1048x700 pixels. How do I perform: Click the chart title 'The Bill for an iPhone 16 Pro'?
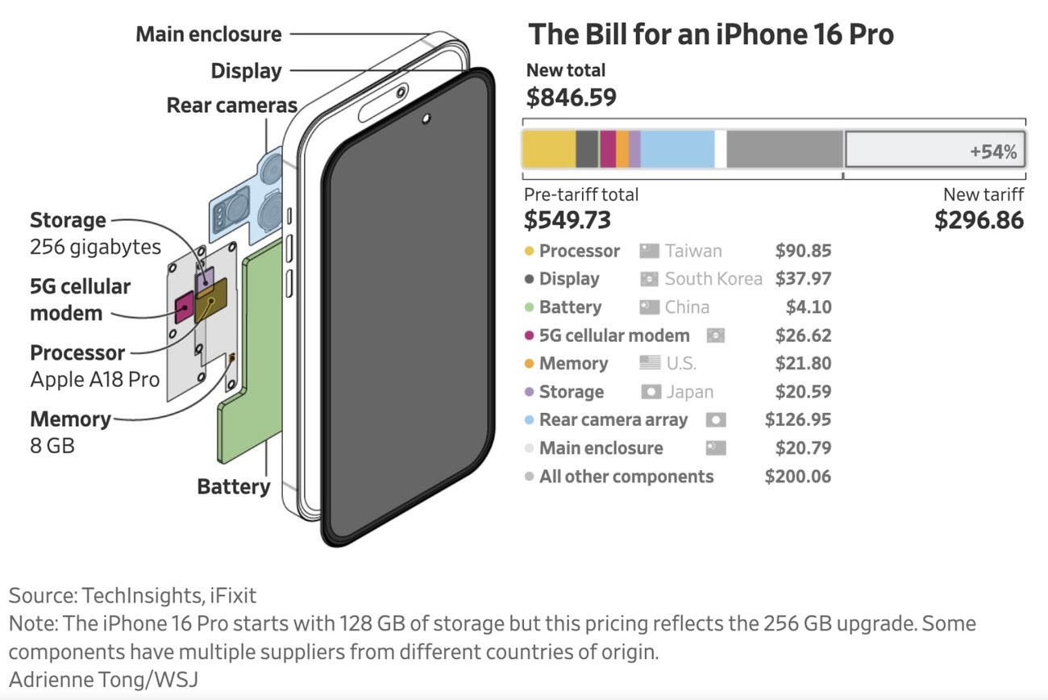[710, 35]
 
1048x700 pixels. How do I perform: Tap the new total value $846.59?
[571, 98]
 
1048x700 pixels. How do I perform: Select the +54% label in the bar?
[993, 152]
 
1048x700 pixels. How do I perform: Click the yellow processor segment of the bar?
[548, 149]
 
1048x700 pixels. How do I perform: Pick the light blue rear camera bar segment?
[677, 149]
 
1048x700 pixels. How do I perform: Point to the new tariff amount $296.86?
[979, 220]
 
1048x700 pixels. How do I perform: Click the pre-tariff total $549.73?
[567, 220]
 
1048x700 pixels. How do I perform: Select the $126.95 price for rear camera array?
[797, 420]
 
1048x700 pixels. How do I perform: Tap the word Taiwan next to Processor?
[693, 251]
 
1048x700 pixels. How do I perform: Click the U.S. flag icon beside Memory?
[650, 364]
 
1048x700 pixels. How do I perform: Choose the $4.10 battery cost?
[808, 307]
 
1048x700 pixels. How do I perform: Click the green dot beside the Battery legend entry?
[529, 308]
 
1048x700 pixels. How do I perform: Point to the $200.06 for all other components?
[797, 477]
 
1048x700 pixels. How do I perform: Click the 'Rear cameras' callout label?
[231, 106]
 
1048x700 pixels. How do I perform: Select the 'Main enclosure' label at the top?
[208, 35]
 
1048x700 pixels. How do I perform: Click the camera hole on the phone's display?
[425, 120]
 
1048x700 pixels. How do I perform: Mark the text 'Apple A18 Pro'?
[94, 380]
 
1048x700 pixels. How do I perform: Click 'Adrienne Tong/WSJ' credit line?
[103, 679]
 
